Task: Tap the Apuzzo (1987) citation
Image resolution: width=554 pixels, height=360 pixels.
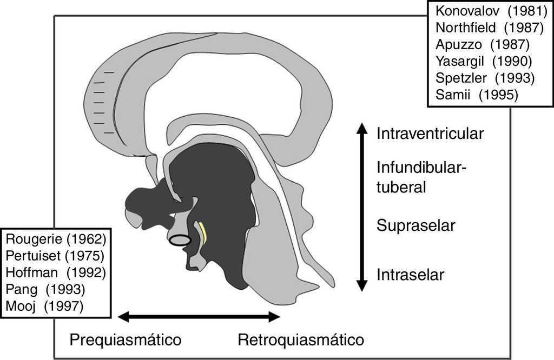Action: click(482, 44)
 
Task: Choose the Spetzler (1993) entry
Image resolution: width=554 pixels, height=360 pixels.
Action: click(485, 78)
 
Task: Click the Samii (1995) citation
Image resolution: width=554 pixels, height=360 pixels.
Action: click(477, 95)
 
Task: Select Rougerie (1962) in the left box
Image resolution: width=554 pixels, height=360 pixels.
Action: click(56, 238)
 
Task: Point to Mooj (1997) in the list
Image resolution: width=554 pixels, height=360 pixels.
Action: click(45, 306)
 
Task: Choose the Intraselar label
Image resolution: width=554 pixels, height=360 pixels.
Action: click(410, 275)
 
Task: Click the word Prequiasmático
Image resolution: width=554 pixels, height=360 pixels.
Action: click(125, 340)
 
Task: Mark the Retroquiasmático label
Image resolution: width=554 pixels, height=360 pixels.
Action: click(301, 340)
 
